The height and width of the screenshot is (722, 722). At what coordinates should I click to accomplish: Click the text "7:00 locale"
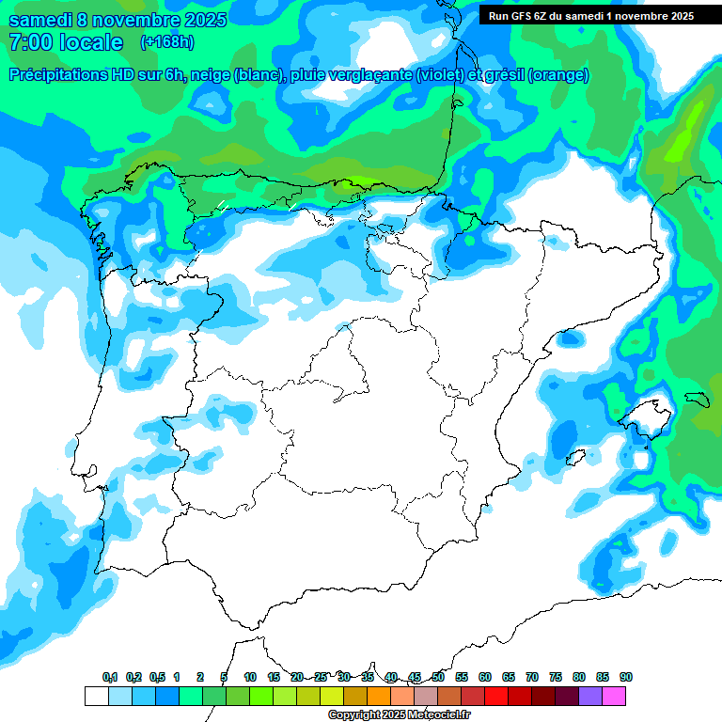tap(65, 42)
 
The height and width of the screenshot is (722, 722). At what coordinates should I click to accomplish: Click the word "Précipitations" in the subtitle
tap(58, 75)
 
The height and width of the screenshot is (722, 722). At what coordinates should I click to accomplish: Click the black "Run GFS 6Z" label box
tap(590, 15)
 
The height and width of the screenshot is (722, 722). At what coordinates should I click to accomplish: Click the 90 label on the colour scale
tap(626, 677)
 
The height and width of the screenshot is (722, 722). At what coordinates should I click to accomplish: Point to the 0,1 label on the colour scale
tap(110, 677)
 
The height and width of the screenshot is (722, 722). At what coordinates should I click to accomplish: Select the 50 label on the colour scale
tap(438, 677)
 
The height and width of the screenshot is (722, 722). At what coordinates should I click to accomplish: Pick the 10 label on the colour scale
tap(250, 677)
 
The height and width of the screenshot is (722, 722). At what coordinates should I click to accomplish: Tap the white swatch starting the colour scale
tap(96, 696)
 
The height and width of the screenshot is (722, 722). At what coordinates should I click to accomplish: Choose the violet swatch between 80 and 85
tap(590, 696)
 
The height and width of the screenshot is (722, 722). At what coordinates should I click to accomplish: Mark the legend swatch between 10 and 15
tap(261, 696)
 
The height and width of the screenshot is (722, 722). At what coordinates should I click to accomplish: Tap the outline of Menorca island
tap(697, 399)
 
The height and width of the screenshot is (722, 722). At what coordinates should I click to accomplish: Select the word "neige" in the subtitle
tap(211, 75)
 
